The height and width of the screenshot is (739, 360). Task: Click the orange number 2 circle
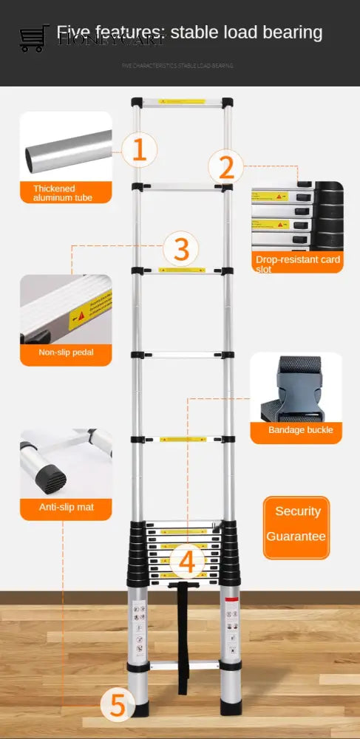(x=225, y=167)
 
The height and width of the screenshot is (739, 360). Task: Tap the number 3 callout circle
(x=180, y=248)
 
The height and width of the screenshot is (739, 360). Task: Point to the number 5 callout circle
(x=118, y=705)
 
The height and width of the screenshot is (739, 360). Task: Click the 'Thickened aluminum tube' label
(x=66, y=193)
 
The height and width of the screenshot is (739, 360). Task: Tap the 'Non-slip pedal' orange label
(x=66, y=353)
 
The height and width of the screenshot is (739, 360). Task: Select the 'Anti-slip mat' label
(x=66, y=507)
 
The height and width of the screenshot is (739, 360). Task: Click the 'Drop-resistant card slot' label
(x=297, y=263)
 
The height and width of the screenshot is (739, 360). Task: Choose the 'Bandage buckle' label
(x=300, y=430)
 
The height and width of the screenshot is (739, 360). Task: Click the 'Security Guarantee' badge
(x=296, y=528)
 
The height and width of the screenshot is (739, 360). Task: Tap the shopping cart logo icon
(x=33, y=38)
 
